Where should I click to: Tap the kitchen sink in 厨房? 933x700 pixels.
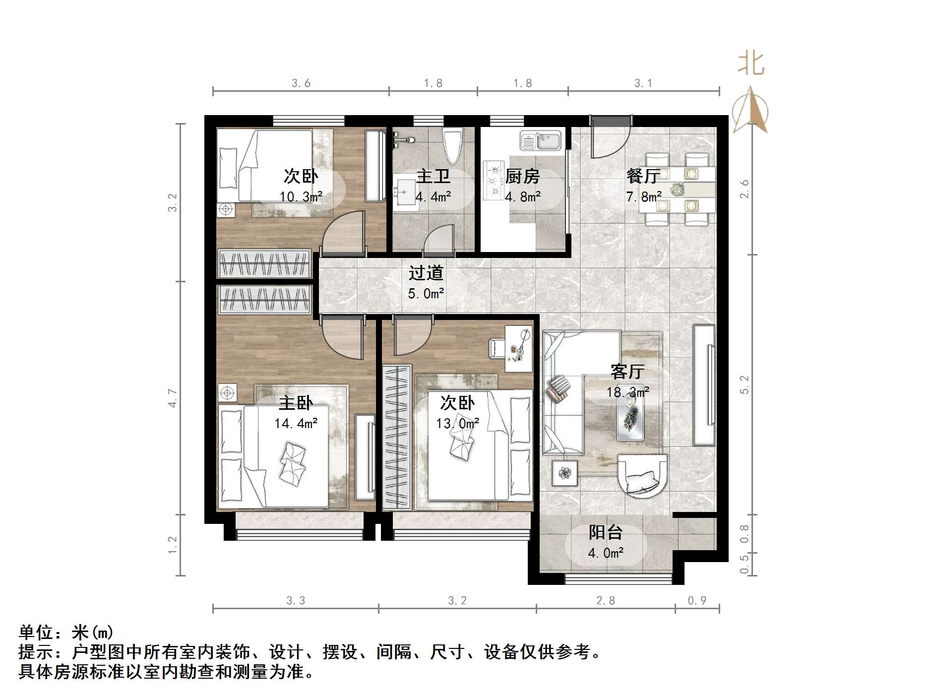(x=540, y=140)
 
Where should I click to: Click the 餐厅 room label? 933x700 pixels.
(x=643, y=176)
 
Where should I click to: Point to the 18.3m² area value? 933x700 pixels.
(x=627, y=392)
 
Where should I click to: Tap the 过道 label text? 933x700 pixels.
(x=426, y=273)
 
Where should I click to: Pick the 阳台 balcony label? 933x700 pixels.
(x=606, y=532)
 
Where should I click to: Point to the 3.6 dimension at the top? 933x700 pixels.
(x=301, y=83)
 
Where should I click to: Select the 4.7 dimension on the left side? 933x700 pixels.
(x=172, y=398)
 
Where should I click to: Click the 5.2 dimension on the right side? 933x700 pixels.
(x=744, y=384)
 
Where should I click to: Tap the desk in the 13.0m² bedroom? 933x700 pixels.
(x=518, y=349)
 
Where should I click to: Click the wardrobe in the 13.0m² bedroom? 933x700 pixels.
(x=397, y=437)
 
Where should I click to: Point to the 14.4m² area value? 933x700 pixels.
(x=296, y=423)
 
